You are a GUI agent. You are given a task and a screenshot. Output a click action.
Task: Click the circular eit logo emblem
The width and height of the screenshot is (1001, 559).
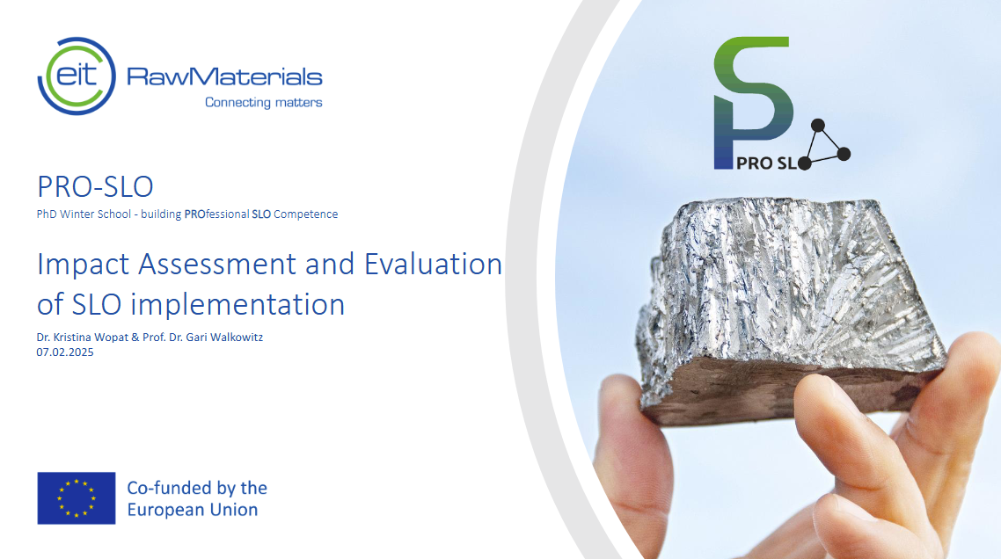pos(77,76)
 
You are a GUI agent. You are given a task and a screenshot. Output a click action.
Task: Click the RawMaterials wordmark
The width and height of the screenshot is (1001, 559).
pos(224,76)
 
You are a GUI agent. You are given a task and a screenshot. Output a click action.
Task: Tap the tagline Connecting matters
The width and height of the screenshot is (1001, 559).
pos(263,102)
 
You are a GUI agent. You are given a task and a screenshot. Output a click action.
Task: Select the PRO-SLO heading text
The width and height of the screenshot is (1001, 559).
pos(95,186)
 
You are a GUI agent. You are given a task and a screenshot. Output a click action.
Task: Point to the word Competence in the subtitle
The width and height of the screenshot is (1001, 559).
pos(305,214)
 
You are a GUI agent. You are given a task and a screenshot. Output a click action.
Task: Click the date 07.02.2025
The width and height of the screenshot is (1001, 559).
pos(65,352)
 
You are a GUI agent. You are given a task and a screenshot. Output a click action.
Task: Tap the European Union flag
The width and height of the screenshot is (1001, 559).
pos(77,497)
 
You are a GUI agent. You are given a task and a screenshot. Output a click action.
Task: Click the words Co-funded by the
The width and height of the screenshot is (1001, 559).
pos(197,487)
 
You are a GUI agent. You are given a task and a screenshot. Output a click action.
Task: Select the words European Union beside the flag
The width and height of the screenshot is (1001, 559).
pos(193,510)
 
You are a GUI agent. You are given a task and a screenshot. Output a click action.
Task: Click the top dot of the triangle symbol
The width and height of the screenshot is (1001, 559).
pos(816,124)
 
